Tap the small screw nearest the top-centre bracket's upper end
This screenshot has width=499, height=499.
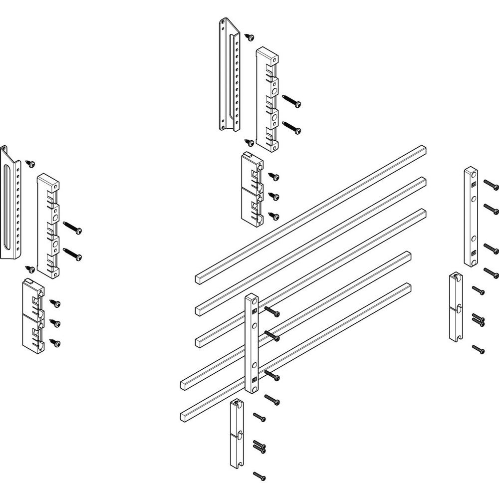click(x=249, y=37)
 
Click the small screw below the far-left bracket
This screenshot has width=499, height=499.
click(x=31, y=269)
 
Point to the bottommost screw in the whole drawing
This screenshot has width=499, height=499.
click(x=259, y=477)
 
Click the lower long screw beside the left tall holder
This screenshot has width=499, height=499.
click(x=74, y=256)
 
